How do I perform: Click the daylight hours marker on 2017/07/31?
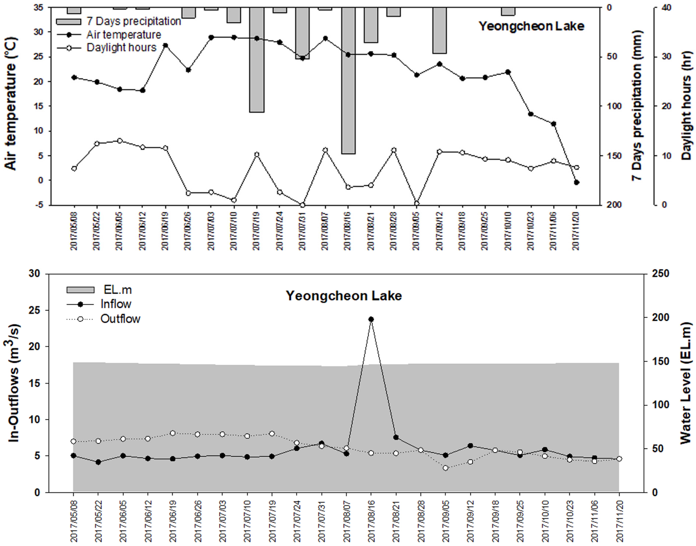302,205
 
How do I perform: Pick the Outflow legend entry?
120,319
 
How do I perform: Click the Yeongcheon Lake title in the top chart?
531,26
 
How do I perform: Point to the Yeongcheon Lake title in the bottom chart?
344,296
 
